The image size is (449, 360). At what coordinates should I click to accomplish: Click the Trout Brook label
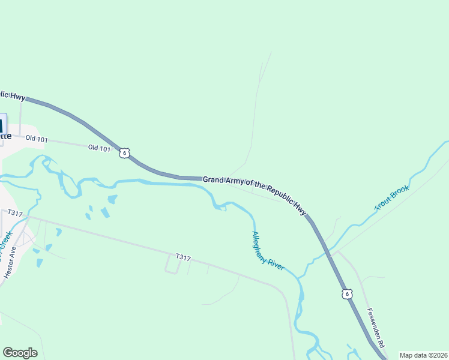[392, 198]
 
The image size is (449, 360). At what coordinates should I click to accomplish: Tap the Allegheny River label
[268, 251]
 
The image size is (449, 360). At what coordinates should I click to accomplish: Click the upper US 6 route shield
[124, 153]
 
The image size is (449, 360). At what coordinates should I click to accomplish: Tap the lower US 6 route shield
[347, 293]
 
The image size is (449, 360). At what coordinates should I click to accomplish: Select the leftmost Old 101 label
[36, 139]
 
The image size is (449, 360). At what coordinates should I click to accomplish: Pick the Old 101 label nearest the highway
[99, 148]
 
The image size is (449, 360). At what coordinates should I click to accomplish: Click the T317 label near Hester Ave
[15, 214]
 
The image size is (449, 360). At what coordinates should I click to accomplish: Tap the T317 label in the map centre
[183, 257]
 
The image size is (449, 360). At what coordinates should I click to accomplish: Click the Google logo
[20, 353]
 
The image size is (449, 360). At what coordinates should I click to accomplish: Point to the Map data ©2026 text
[423, 355]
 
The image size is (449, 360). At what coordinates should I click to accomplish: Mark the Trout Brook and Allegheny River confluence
[298, 278]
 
